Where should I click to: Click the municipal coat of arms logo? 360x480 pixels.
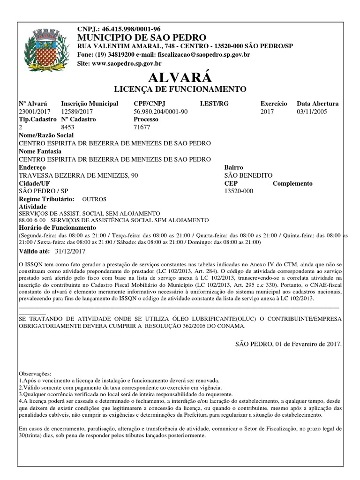[x=46, y=48]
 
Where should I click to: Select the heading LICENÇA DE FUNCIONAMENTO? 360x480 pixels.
[x=180, y=89]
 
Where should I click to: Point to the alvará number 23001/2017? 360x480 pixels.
[x=34, y=112]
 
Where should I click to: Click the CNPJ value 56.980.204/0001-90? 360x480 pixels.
[x=161, y=112]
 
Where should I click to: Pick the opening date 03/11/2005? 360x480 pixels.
[x=312, y=112]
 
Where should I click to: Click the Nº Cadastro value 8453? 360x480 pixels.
[x=68, y=127]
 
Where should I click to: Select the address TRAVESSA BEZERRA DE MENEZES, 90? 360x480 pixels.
[x=78, y=175]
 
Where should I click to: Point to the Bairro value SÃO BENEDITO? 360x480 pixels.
[x=248, y=175]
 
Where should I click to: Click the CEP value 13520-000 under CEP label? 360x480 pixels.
[x=239, y=191]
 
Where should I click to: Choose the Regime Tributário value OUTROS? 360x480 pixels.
[x=94, y=199]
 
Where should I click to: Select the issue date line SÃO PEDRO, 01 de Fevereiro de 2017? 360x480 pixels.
[x=288, y=344]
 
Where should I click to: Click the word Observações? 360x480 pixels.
[x=35, y=374]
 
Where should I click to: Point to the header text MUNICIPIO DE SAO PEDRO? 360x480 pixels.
[x=142, y=37]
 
